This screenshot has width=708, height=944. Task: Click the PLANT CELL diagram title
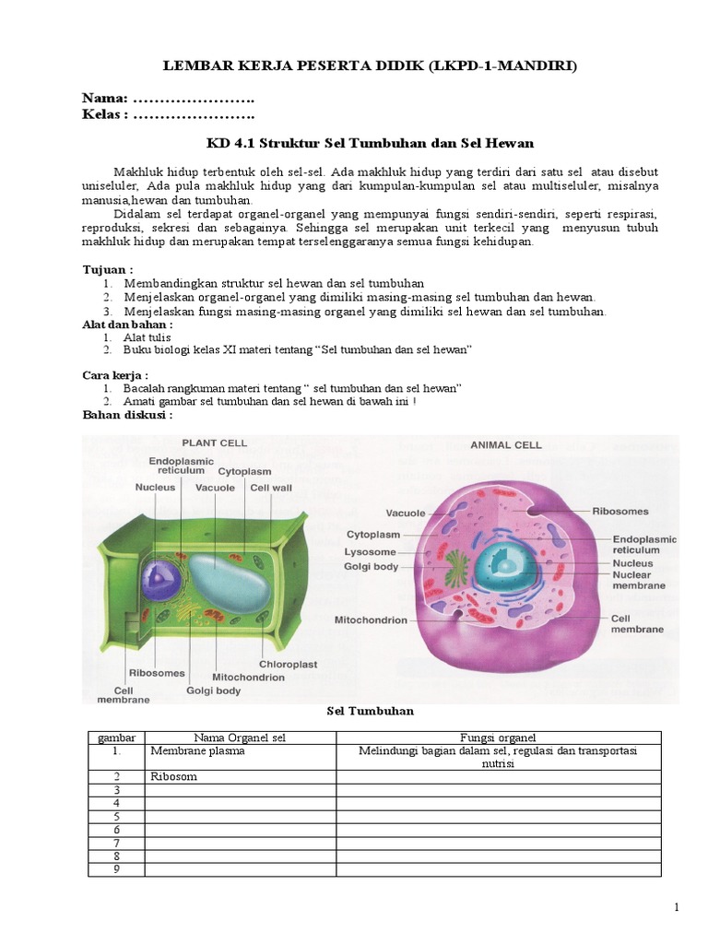point(214,442)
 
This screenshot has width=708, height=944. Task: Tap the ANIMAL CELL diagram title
point(506,444)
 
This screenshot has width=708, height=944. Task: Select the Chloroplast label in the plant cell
point(288,663)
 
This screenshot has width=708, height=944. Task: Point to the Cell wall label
point(271,488)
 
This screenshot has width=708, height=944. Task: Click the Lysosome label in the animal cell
point(372,551)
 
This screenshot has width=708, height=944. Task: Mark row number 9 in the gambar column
point(117,868)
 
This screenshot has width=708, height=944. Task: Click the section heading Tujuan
point(108,268)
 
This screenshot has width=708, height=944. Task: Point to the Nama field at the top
point(168,99)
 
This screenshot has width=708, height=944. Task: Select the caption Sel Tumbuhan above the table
point(372,711)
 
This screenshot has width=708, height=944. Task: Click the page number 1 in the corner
point(677,908)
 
